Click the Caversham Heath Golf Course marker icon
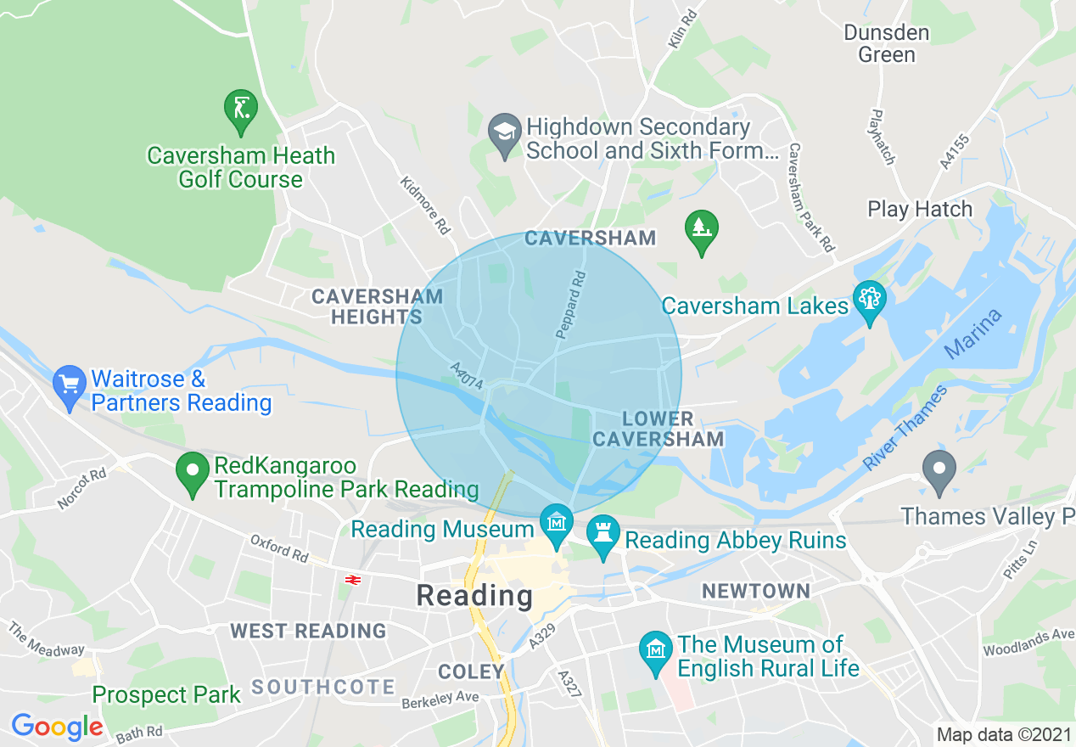[x=240, y=110]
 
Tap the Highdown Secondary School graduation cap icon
[x=505, y=134]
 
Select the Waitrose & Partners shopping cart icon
[x=70, y=386]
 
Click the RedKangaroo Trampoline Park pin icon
[x=193, y=473]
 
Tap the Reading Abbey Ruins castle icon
[x=603, y=535]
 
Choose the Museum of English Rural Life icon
[x=656, y=651]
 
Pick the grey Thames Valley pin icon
[x=939, y=470]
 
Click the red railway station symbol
[x=354, y=580]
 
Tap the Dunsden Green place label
[x=887, y=44]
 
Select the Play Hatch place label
[x=920, y=209]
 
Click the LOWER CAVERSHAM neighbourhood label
[x=658, y=429]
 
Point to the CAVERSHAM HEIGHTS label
[x=377, y=306]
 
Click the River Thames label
[x=905, y=429]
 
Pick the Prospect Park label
[x=166, y=694]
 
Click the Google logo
[x=57, y=727]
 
